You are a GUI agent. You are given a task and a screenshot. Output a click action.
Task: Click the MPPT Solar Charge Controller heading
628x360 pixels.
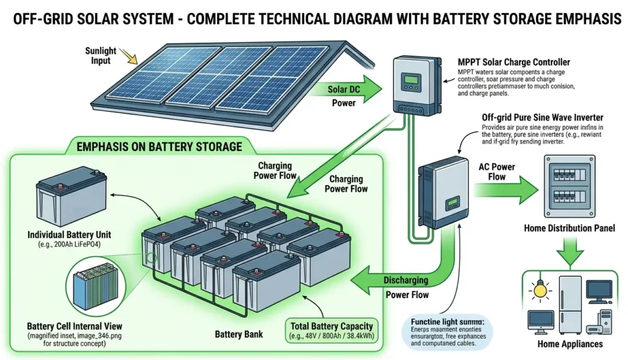pyautogui.click(x=514, y=62)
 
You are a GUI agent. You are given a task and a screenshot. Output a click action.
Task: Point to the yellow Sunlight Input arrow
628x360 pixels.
pyautogui.click(x=129, y=58)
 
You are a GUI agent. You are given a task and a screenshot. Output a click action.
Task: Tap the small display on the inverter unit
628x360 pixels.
pyautogui.click(x=453, y=202)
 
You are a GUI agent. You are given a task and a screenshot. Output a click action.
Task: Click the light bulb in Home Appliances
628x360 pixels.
pyautogui.click(x=540, y=288)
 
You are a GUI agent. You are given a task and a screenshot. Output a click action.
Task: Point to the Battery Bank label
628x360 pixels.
pyautogui.click(x=239, y=335)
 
